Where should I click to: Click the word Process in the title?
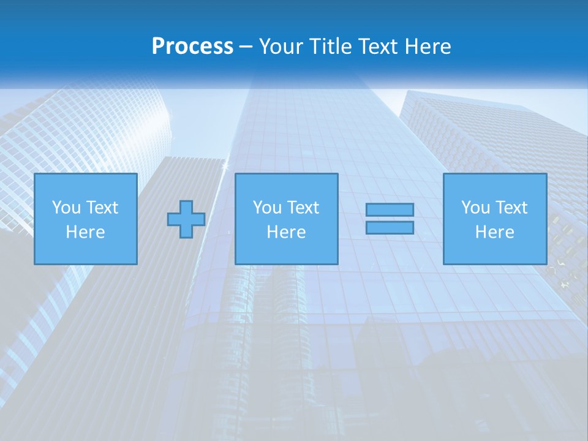192,47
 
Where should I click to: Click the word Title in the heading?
331,47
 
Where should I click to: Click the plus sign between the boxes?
186,219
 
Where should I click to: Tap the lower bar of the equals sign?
390,227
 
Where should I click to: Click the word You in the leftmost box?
66,208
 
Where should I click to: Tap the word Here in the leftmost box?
85,232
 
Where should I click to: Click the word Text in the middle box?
303,208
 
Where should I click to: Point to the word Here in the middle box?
286,232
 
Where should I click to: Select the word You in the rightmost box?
475,208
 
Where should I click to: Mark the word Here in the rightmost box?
494,232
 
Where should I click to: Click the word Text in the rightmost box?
511,208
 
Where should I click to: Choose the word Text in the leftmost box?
102,208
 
